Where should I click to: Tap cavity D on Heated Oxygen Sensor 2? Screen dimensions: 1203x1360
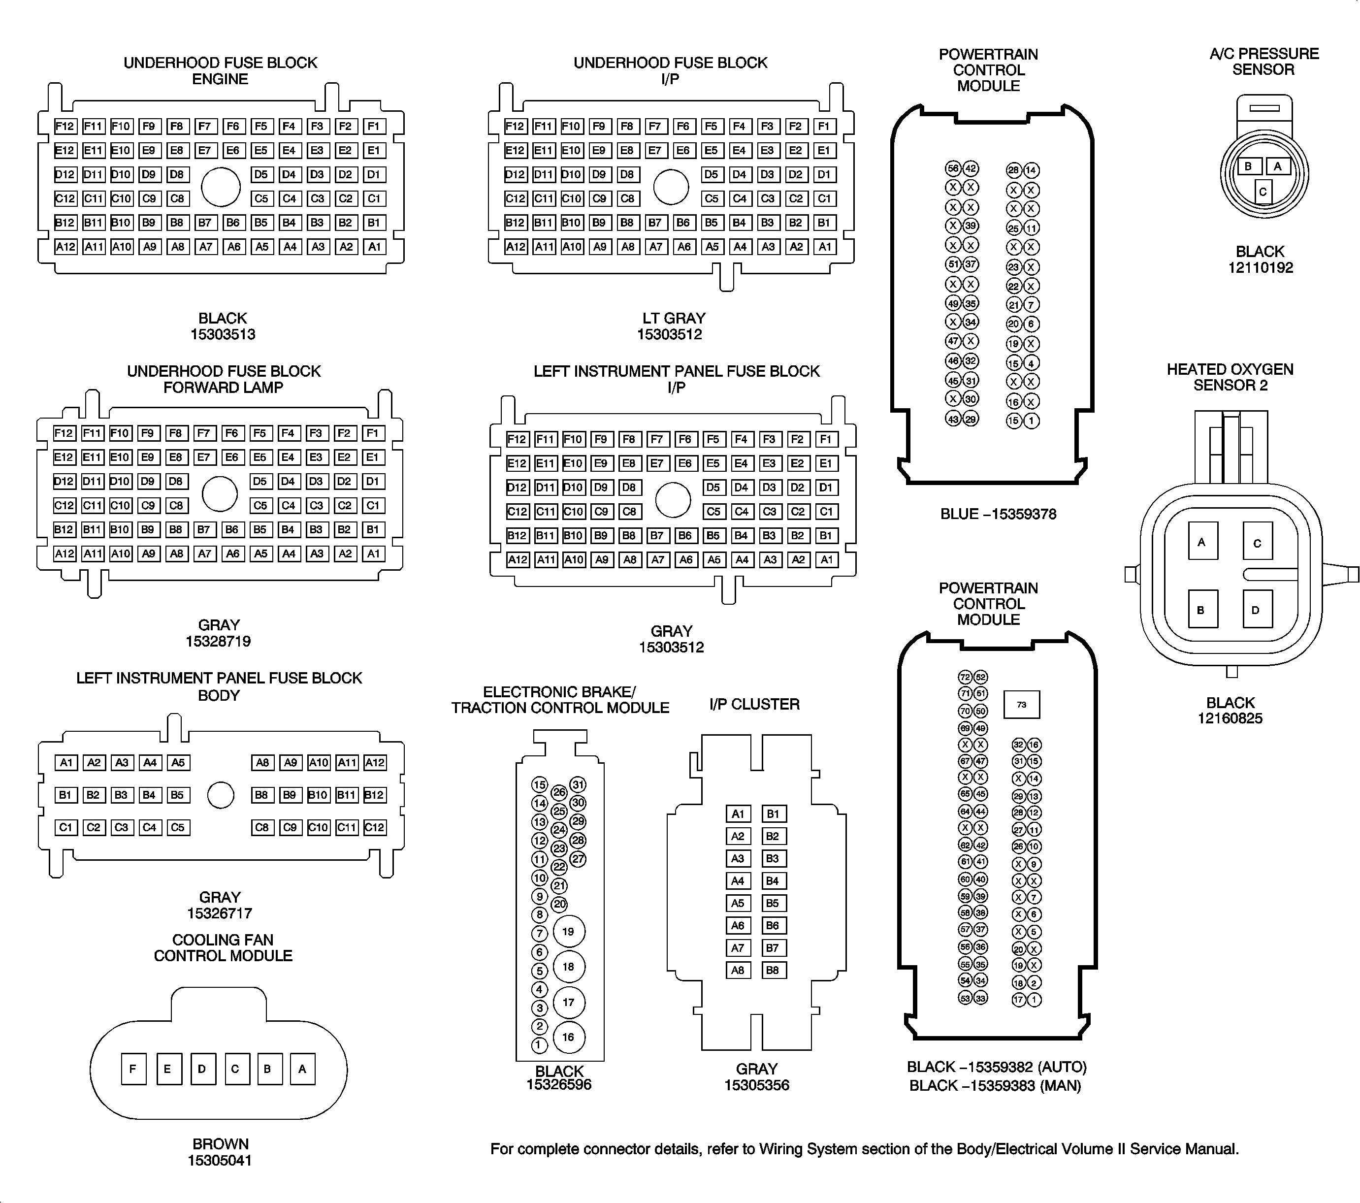(1256, 610)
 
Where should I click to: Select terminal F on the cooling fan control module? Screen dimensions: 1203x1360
(133, 1069)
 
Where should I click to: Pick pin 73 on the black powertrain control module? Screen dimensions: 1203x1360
(1021, 705)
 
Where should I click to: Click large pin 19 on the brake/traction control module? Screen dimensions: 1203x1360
(568, 932)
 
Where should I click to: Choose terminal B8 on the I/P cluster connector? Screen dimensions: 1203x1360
(773, 970)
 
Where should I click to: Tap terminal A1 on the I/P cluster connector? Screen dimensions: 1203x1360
(738, 814)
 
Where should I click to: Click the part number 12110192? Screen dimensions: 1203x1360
(1260, 268)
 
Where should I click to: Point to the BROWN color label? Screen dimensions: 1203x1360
(220, 1144)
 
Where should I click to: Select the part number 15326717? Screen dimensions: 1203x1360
(220, 913)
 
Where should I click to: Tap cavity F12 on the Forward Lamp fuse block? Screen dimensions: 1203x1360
(65, 433)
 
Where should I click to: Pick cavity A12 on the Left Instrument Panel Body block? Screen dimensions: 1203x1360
(375, 762)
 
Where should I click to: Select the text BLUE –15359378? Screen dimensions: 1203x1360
(998, 514)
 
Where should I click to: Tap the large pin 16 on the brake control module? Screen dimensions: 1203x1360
(568, 1037)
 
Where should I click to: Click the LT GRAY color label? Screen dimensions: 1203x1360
(673, 318)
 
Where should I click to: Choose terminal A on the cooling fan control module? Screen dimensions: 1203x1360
(302, 1069)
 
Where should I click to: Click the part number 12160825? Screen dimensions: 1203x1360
(1230, 718)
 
